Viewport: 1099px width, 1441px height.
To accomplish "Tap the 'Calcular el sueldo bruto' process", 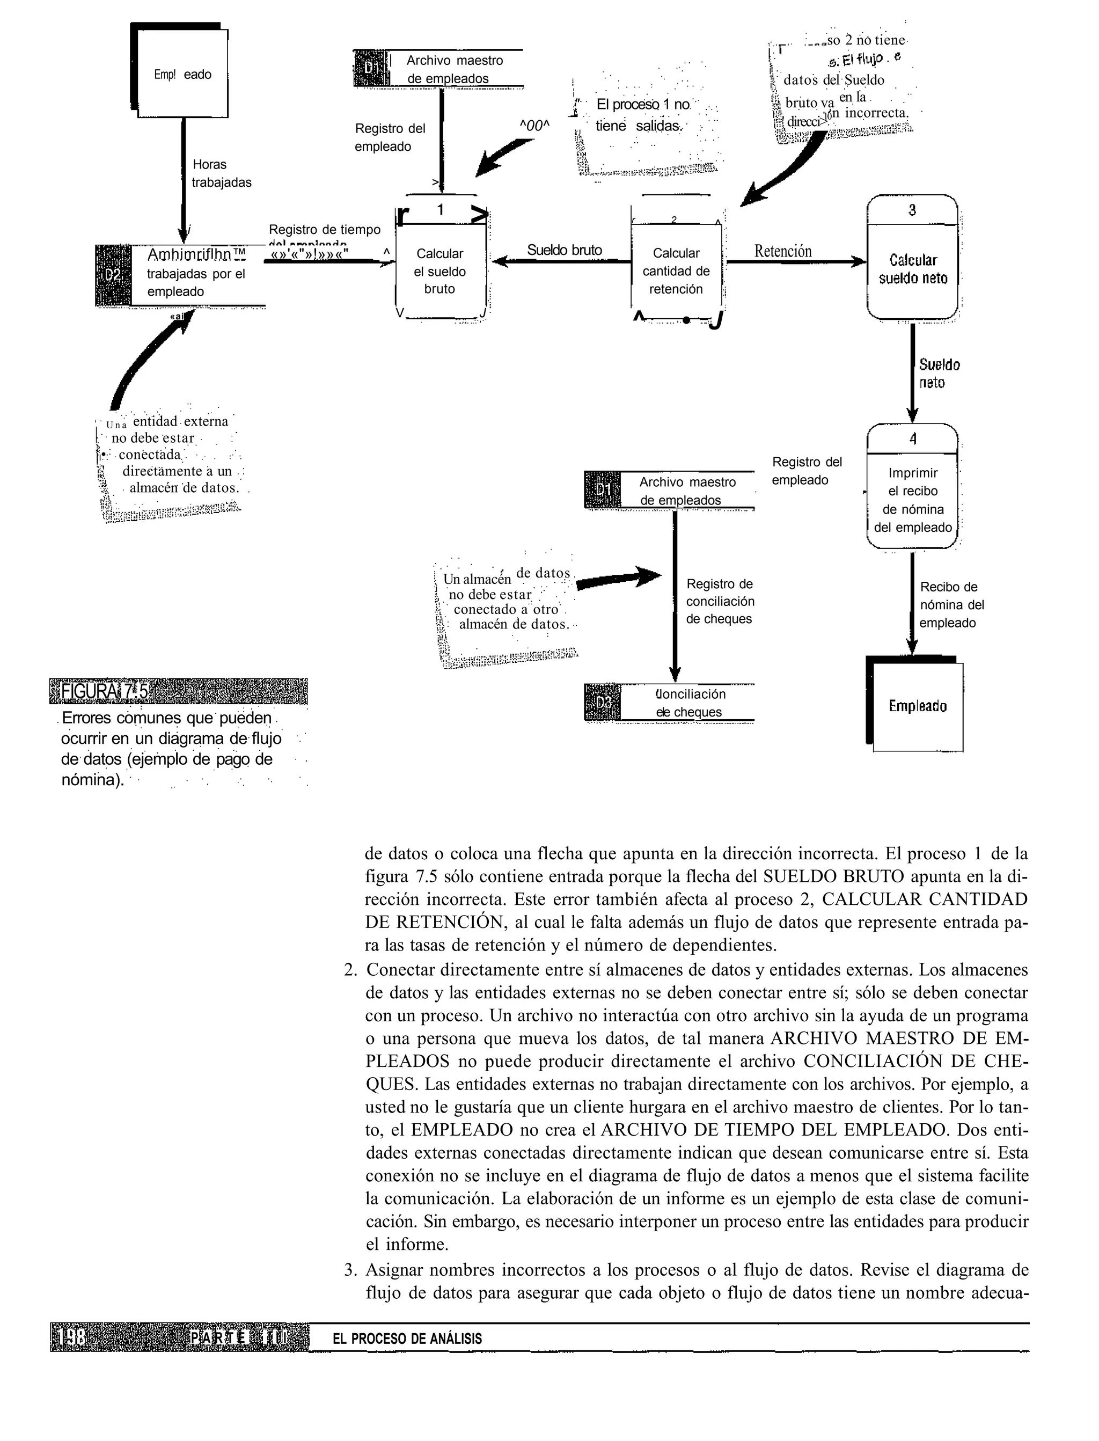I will (x=440, y=271).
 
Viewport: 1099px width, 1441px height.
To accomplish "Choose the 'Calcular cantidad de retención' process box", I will (x=676, y=271).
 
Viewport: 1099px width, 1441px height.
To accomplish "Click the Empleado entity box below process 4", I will (x=917, y=706).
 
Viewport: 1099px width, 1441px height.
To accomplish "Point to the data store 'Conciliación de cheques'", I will (x=687, y=703).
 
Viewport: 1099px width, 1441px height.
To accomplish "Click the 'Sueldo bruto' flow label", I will (x=564, y=250).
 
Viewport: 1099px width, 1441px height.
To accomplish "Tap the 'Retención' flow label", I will (x=782, y=251).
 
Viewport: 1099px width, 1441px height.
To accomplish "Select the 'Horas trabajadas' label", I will (x=221, y=173).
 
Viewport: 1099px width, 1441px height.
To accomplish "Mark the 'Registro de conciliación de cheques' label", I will (x=720, y=601).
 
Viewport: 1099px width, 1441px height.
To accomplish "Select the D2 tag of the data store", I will (x=113, y=275).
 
